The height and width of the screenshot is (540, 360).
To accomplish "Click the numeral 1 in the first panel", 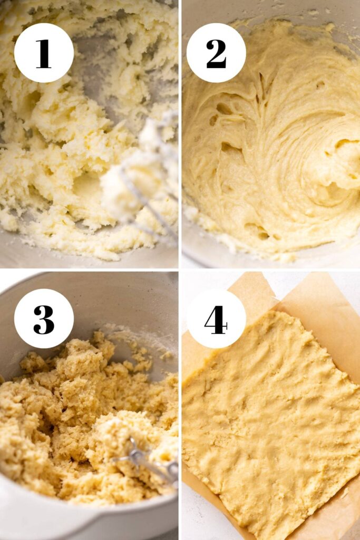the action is click(x=43, y=53).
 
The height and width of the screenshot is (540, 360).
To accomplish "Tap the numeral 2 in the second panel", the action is click(x=216, y=53).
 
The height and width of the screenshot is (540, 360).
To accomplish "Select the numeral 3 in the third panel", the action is click(x=44, y=319).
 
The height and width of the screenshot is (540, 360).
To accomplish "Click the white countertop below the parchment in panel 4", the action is click(x=200, y=513).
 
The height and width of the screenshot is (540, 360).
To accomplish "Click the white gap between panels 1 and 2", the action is click(x=180, y=134).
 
